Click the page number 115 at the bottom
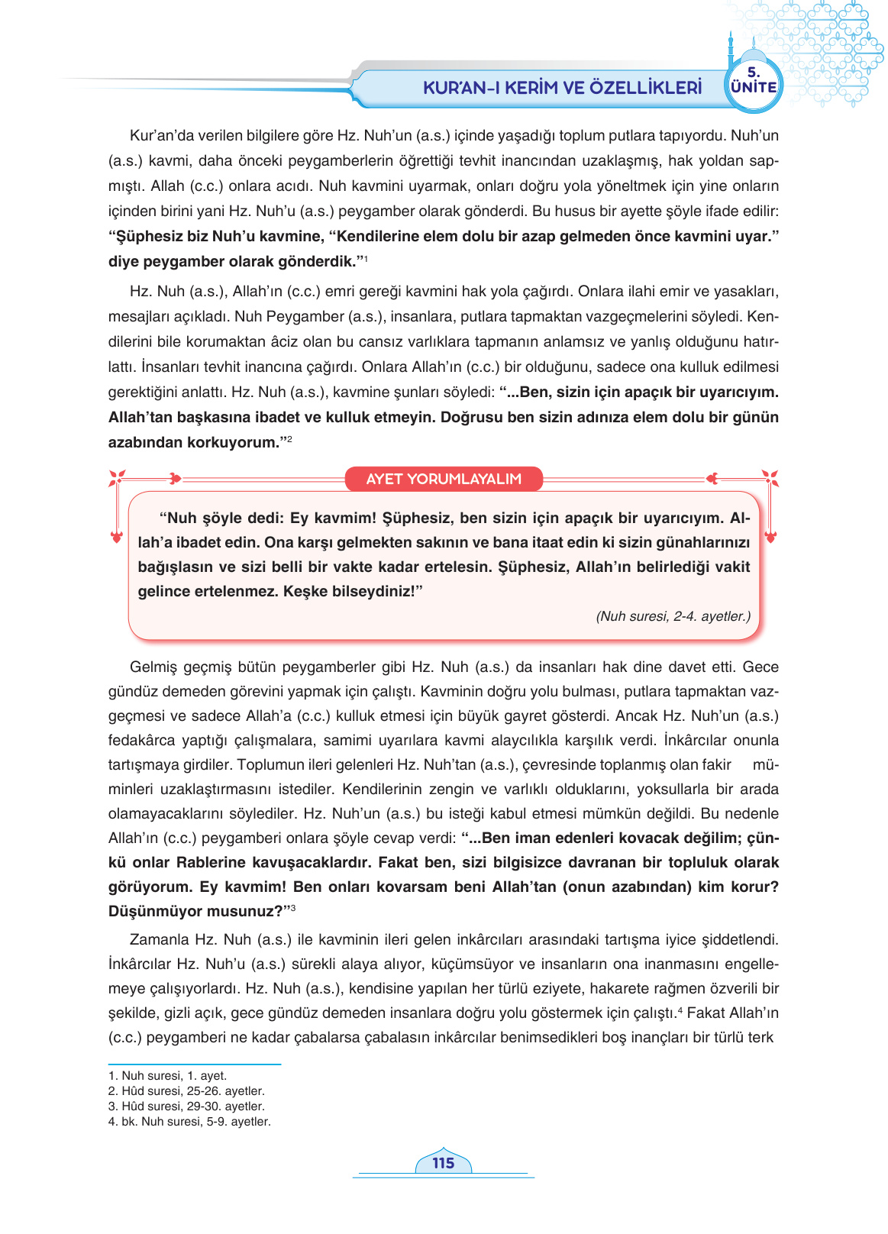(443, 1163)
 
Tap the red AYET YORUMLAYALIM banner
(444, 479)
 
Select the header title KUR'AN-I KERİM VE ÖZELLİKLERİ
(562, 87)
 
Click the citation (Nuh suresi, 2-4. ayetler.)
(673, 616)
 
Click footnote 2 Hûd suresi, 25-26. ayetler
(186, 1090)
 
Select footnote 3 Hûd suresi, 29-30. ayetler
(186, 1106)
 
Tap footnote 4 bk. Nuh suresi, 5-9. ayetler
(189, 1121)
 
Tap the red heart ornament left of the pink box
(117, 538)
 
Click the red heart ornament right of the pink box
(770, 538)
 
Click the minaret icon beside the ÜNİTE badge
(731, 53)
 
